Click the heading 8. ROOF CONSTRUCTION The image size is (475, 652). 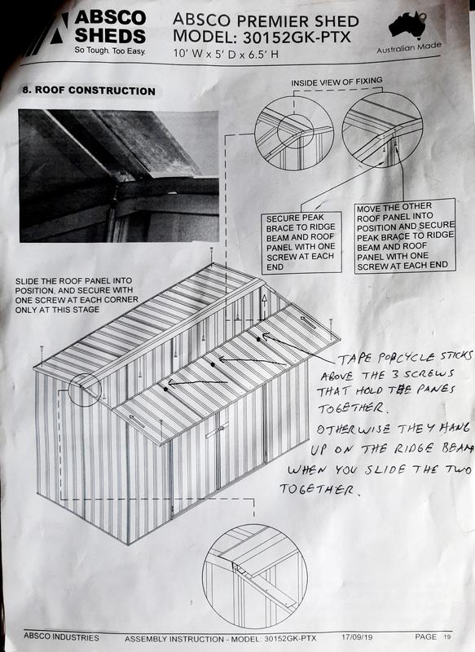[87, 90]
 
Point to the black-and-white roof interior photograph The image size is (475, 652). [118, 175]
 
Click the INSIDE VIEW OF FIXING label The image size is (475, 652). [336, 83]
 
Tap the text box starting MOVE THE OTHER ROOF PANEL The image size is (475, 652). [404, 236]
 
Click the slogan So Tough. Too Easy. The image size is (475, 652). [109, 51]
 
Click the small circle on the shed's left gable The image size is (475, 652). [86, 389]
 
